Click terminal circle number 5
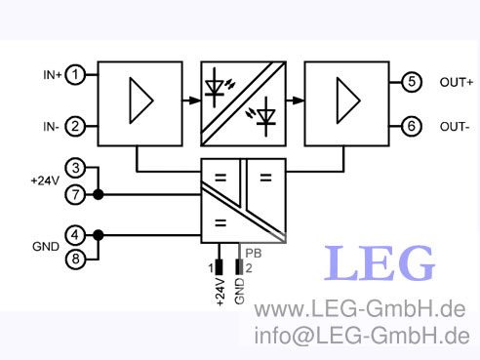[x=413, y=82]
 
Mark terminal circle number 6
[x=413, y=126]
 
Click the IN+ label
[x=52, y=74]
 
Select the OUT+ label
[x=456, y=82]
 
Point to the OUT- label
[x=455, y=127]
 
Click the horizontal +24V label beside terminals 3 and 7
[x=45, y=181]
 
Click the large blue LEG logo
[x=380, y=263]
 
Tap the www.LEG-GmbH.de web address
[x=359, y=311]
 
